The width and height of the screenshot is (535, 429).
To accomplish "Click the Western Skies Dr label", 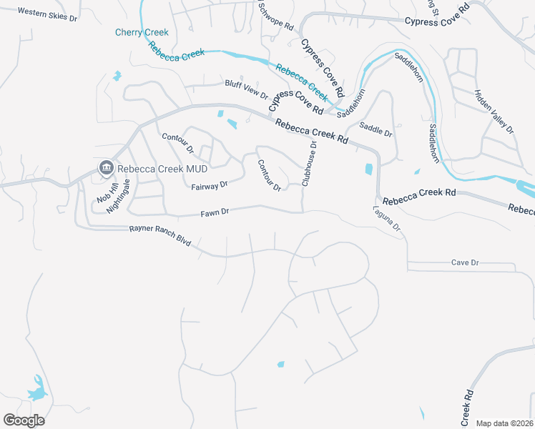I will tap(46, 14).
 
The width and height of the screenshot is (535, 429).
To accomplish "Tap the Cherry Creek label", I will tap(142, 32).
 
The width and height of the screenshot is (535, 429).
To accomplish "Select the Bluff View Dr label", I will tap(246, 89).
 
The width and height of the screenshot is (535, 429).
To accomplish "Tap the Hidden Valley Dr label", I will tap(494, 112).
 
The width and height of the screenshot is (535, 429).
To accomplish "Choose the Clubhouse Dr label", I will tap(309, 164).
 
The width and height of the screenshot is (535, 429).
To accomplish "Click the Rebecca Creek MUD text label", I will tap(153, 169).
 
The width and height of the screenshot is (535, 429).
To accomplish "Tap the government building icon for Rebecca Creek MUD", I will tap(106, 168).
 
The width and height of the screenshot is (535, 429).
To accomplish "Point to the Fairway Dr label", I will tap(210, 184).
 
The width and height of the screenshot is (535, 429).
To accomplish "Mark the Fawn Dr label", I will tap(215, 212).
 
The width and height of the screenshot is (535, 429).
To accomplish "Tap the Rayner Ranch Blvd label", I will tap(160, 236).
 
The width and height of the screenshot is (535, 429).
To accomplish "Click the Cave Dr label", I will tap(464, 262).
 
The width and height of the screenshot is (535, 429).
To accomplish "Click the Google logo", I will tap(24, 420).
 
